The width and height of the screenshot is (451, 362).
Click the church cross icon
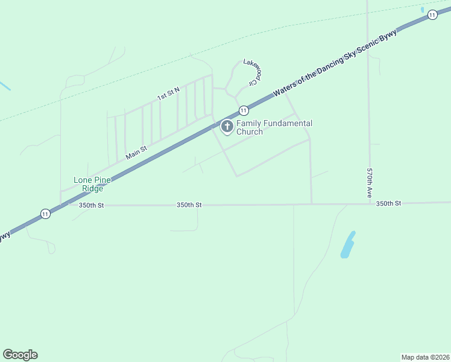pyautogui.click(x=227, y=126)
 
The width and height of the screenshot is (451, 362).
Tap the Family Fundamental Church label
pyautogui.click(x=274, y=127)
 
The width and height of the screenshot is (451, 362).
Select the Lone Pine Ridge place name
pyautogui.click(x=89, y=184)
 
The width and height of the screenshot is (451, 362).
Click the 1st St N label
pyautogui.click(x=168, y=94)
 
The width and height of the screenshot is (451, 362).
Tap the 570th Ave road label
pyautogui.click(x=370, y=183)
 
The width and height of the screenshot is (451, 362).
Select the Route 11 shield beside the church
pyautogui.click(x=243, y=110)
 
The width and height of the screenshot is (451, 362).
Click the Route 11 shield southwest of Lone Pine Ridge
pyautogui.click(x=45, y=213)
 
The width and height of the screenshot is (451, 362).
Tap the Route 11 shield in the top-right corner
pyautogui.click(x=432, y=15)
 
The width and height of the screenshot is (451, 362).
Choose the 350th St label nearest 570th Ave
pyautogui.click(x=388, y=204)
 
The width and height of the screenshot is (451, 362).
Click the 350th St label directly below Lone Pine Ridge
pyautogui.click(x=92, y=205)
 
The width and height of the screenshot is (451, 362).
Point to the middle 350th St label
pyautogui.click(x=189, y=205)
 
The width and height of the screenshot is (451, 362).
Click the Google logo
pyautogui.click(x=20, y=355)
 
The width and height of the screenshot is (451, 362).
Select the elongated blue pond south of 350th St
pyautogui.click(x=347, y=244)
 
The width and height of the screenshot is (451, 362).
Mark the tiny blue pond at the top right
pyautogui.click(x=423, y=9)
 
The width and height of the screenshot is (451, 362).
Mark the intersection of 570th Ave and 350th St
pyautogui.click(x=370, y=204)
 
